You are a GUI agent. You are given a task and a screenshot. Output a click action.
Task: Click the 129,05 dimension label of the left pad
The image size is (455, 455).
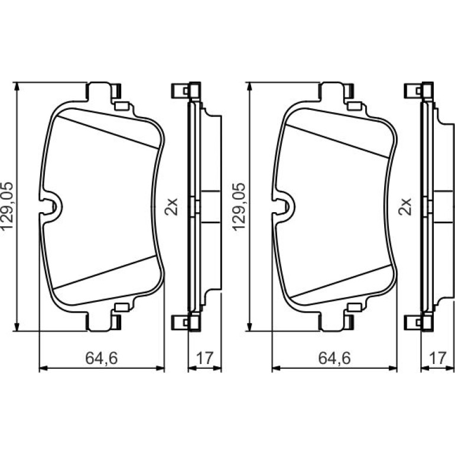pyautogui.click(x=8, y=206)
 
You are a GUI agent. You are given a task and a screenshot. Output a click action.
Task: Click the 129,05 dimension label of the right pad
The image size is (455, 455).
pyautogui.click(x=239, y=207)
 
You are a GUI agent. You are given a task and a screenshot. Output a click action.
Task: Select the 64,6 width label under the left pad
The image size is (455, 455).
pyautogui.click(x=102, y=358)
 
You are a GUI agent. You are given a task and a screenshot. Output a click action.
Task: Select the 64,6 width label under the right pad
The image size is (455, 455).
pyautogui.click(x=334, y=358)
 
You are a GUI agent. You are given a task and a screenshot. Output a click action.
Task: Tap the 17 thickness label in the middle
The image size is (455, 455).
pyautogui.click(x=205, y=358)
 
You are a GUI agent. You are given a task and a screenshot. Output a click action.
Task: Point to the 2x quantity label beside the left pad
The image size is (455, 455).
pyautogui.click(x=171, y=207)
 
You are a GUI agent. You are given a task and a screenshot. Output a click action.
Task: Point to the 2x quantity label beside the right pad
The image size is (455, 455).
pyautogui.click(x=405, y=207)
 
